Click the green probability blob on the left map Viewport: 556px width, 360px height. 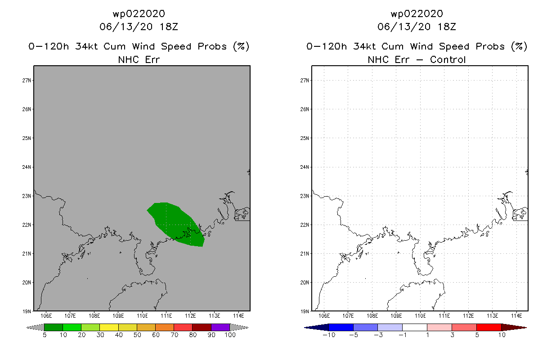(177, 224)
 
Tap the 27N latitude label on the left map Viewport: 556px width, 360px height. (27, 81)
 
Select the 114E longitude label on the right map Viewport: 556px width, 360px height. (516, 316)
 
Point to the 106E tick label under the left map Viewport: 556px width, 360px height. (46, 316)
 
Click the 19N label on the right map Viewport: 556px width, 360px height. (305, 311)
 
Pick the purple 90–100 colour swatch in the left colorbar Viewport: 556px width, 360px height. (220, 327)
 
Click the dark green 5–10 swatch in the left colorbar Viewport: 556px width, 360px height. (54, 327)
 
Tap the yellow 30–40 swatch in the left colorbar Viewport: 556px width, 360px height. (109, 327)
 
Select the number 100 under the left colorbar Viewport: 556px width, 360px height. (230, 335)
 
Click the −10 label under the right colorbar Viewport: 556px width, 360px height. (329, 335)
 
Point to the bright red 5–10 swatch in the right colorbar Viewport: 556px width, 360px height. (489, 327)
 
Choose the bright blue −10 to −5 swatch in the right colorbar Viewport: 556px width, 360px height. (341, 327)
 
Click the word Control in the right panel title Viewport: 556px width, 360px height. (448, 59)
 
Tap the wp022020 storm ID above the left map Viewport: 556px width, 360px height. (139, 13)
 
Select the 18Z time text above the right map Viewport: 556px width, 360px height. (447, 27)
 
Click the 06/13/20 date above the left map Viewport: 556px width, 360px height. (126, 27)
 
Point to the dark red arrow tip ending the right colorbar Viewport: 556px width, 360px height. (526, 328)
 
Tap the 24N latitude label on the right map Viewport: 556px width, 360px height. (305, 167)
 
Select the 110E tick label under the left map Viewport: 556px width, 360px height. (142, 316)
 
